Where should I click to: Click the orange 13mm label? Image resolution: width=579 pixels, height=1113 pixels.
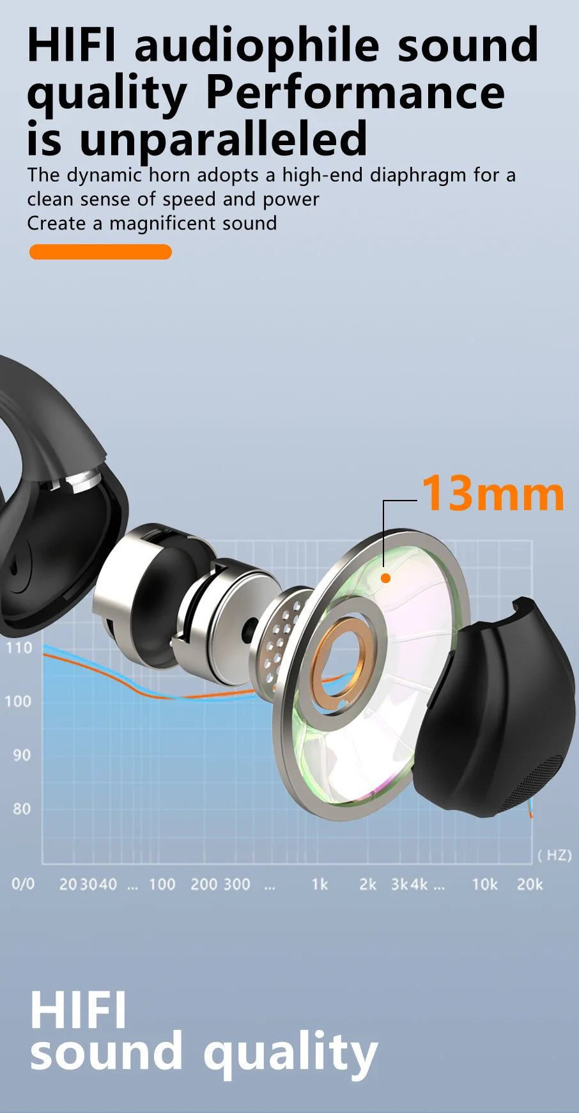(493, 494)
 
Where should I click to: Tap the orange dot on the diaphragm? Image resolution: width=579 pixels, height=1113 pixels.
(385, 578)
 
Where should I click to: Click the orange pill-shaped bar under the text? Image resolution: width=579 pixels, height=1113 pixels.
(100, 252)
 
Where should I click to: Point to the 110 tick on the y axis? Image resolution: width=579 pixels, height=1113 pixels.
(19, 648)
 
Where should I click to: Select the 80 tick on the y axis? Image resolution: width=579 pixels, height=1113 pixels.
(22, 809)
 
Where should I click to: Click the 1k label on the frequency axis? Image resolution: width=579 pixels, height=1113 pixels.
(320, 884)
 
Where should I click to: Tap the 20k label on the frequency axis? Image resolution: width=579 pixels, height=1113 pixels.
(530, 884)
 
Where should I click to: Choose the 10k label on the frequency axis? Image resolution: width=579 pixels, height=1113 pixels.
(484, 884)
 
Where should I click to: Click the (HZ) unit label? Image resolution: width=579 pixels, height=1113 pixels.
(555, 855)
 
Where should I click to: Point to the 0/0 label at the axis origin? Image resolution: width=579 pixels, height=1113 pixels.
(23, 884)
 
